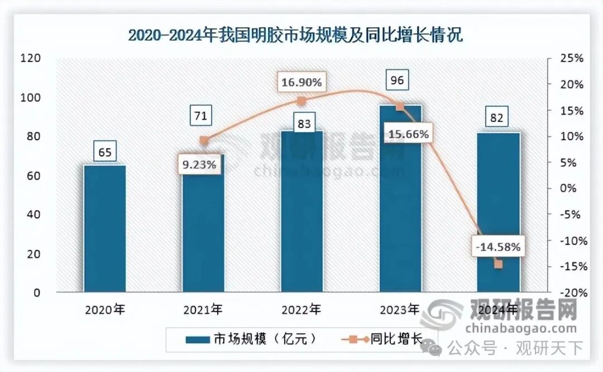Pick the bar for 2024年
tap(498, 212)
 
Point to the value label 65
tap(104, 151)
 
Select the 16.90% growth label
tap(301, 83)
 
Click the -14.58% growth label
tap(498, 246)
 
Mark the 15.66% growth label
tap(409, 134)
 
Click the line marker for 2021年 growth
tap(204, 140)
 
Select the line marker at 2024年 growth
tap(498, 264)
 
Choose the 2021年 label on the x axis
tap(203, 309)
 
